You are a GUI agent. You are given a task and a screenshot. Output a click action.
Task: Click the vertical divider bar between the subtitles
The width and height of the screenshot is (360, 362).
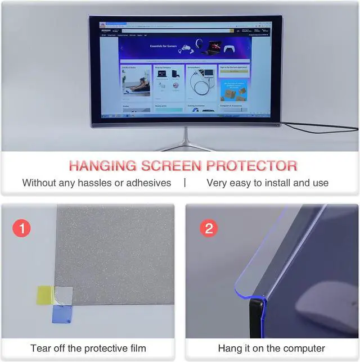pos(184,183)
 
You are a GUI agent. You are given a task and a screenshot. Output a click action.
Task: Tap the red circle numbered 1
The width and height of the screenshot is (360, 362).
pos(21,229)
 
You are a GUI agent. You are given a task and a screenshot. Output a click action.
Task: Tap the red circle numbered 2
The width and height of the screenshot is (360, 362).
pos(209,229)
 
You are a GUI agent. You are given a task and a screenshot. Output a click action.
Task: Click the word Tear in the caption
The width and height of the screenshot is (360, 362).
pos(41,349)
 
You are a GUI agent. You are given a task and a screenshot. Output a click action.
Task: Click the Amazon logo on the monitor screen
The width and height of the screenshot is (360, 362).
pos(106,30)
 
